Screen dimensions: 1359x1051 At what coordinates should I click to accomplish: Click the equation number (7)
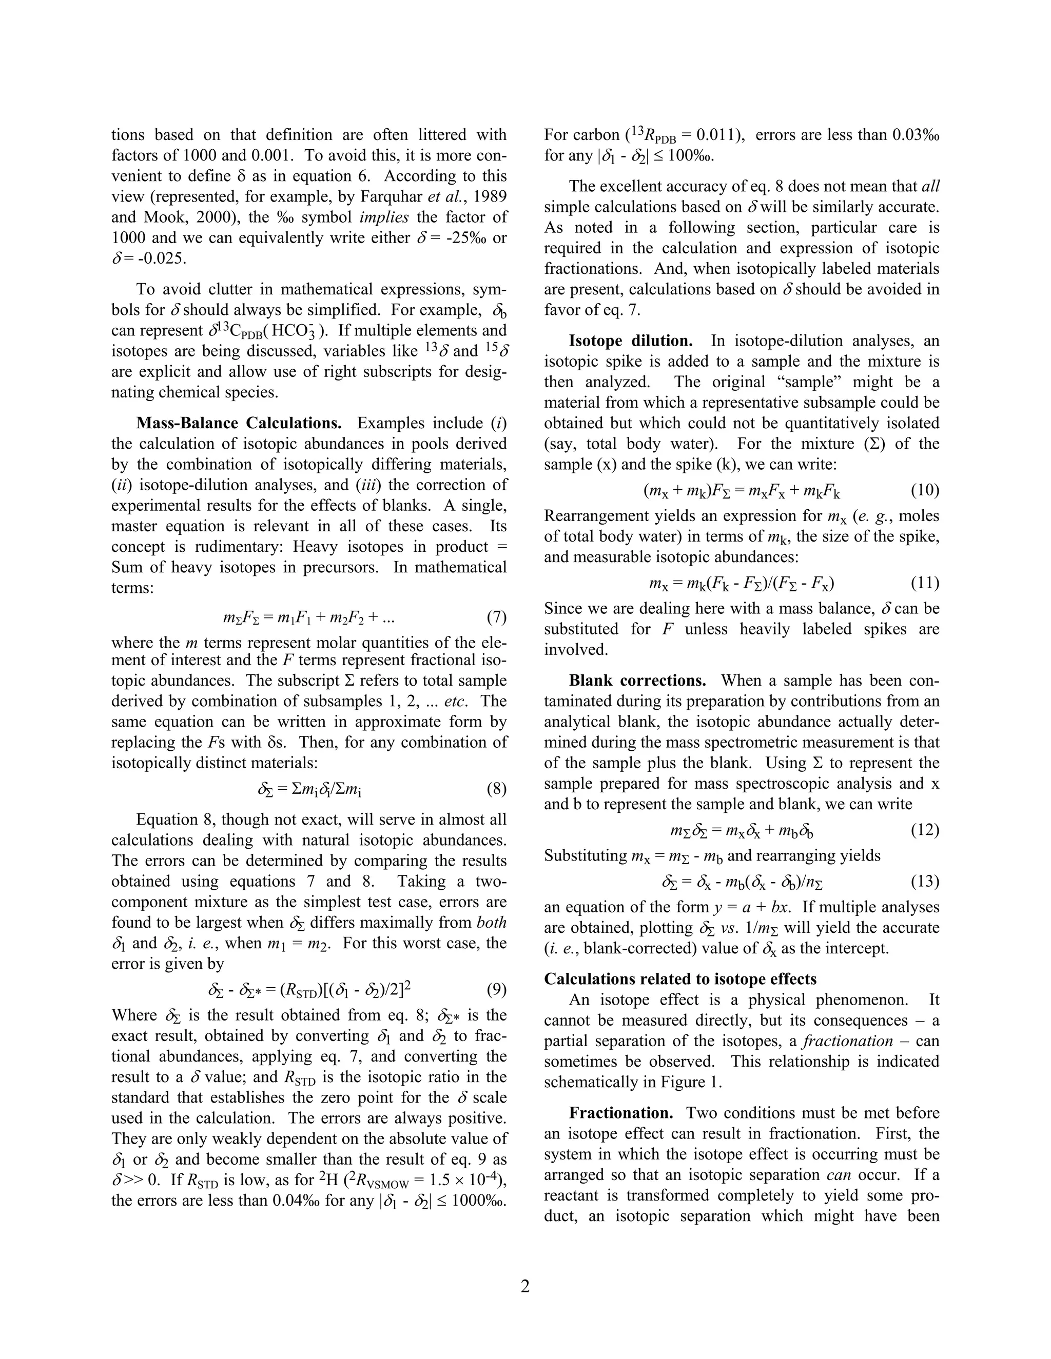pos(496,617)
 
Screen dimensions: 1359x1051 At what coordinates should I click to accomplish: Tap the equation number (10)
pos(925,490)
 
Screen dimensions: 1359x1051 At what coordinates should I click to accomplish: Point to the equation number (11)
pos(925,583)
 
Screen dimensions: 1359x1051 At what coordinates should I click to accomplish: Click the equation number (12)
pos(925,830)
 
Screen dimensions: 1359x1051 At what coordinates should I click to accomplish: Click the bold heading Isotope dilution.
pos(630,341)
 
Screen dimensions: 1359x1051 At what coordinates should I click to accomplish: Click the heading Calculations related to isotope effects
pos(680,979)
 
